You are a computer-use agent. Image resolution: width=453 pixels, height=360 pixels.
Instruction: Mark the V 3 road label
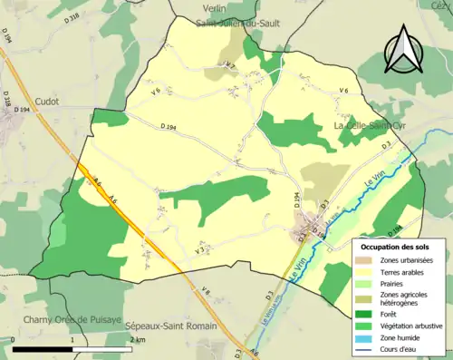200,249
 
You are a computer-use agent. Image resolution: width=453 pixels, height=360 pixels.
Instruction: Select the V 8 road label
205,291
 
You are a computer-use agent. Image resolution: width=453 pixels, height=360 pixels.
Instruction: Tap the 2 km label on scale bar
138,339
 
